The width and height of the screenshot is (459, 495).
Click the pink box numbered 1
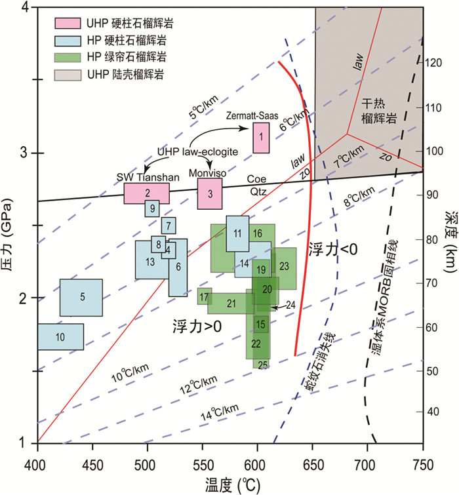[x=261, y=137]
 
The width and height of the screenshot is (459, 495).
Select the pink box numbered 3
[x=210, y=193]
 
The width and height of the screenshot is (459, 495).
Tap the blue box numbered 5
[x=82, y=297]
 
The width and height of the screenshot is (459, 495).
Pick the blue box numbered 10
[x=60, y=337]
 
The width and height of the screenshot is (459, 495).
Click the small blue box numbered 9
[x=152, y=208]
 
